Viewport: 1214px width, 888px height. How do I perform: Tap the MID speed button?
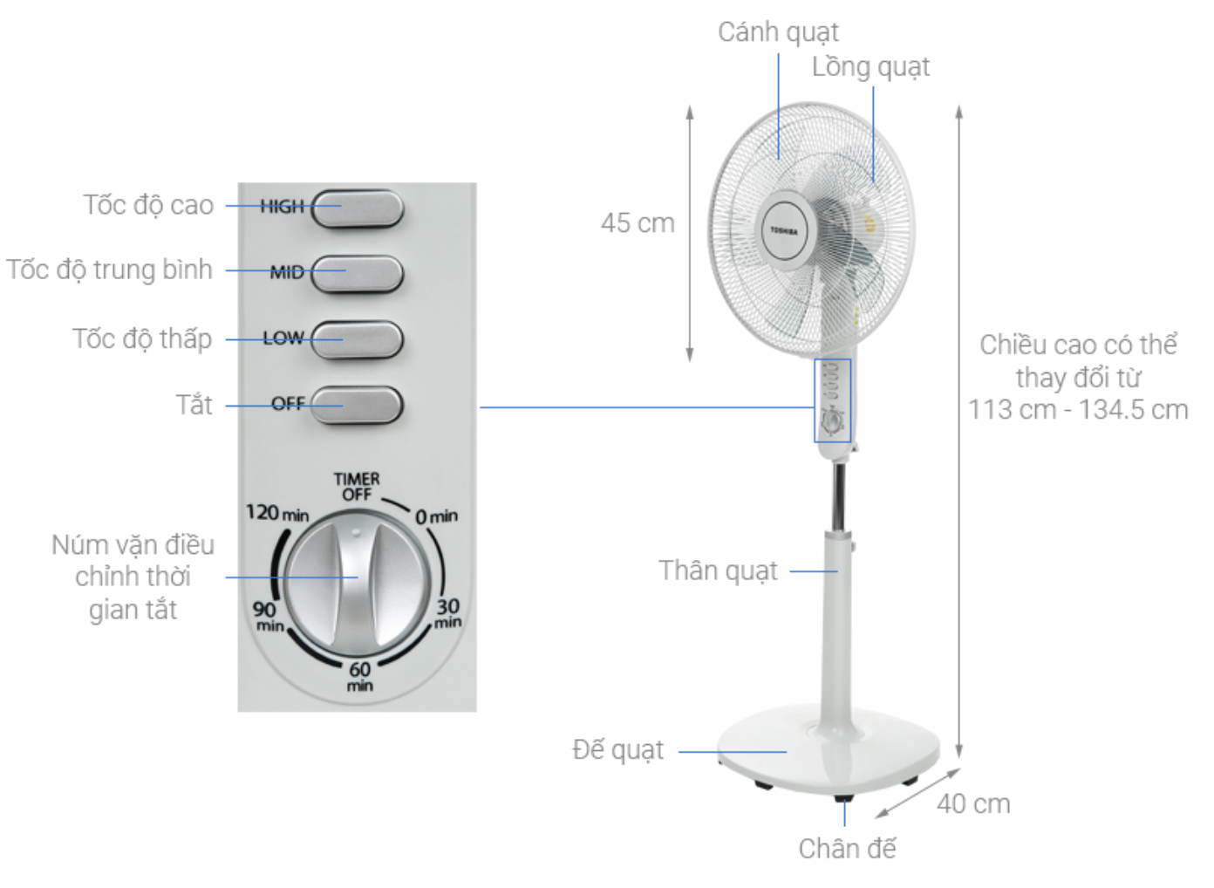pyautogui.click(x=358, y=274)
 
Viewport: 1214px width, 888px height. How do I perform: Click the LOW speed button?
pyautogui.click(x=358, y=340)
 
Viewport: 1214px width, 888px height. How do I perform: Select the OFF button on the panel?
pyautogui.click(x=358, y=405)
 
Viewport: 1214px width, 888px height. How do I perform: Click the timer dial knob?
pyautogui.click(x=358, y=584)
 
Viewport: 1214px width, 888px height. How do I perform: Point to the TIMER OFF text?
pyautogui.click(x=357, y=487)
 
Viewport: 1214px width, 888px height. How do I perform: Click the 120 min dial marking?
pyautogui.click(x=277, y=512)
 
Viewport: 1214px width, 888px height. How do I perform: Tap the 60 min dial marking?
pyautogui.click(x=360, y=677)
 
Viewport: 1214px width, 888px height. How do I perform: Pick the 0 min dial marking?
pyautogui.click(x=436, y=516)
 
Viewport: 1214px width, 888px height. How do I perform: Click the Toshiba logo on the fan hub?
pyautogui.click(x=784, y=231)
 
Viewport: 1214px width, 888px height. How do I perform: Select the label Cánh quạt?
pyautogui.click(x=778, y=32)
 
